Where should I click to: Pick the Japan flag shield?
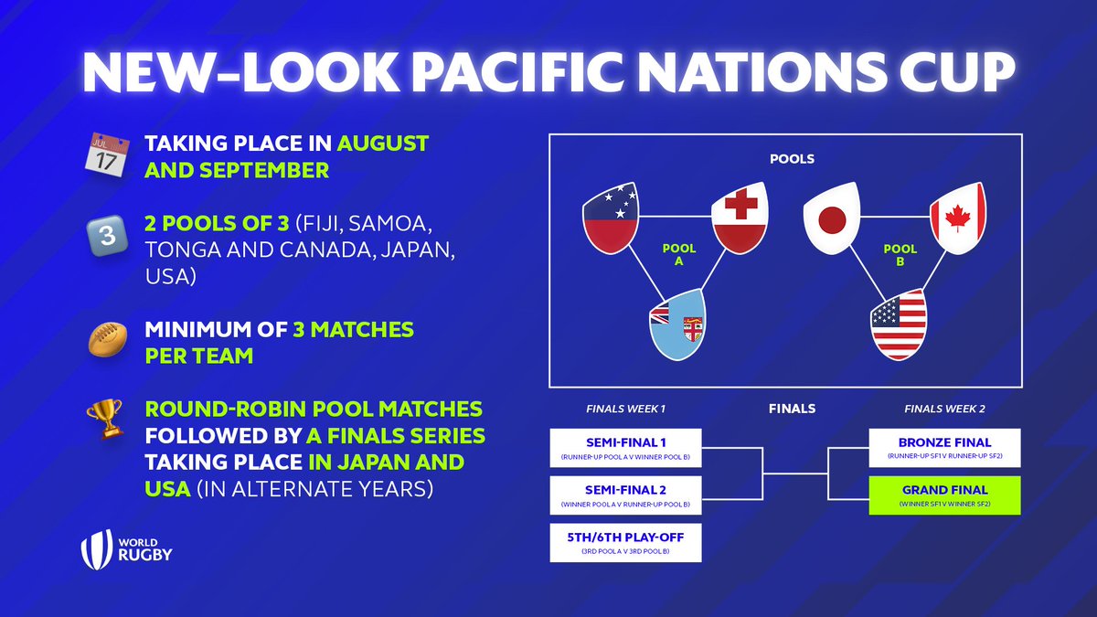pyautogui.click(x=829, y=218)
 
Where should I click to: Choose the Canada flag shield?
pyautogui.click(x=958, y=218)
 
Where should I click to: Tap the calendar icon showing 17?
pyautogui.click(x=103, y=154)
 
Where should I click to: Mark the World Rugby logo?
pyautogui.click(x=127, y=548)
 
